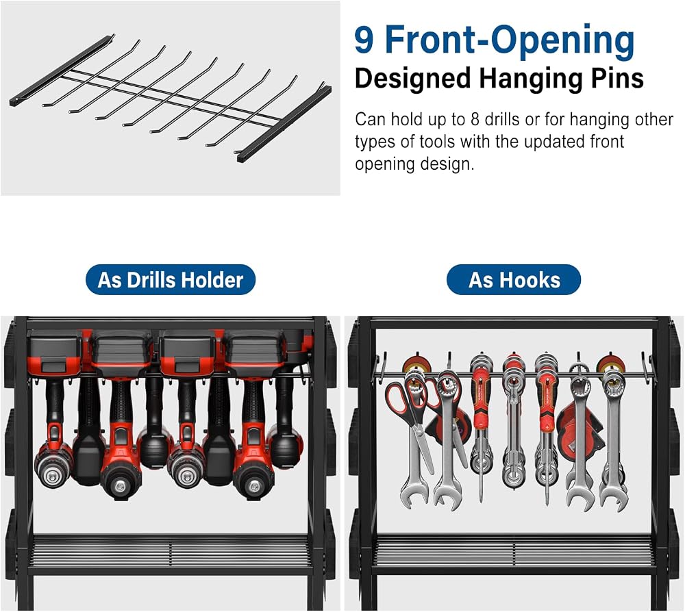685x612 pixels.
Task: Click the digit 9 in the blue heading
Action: [x=364, y=40]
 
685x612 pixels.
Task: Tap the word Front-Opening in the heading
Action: [x=510, y=42]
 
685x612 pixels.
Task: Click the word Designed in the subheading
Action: [x=412, y=79]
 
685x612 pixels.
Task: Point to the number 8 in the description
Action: [x=475, y=119]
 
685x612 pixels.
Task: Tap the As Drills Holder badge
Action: [x=171, y=280]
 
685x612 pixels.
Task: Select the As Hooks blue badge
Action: [x=514, y=280]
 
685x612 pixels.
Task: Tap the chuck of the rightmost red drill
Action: [x=253, y=483]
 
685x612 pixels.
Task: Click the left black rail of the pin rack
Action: [x=62, y=71]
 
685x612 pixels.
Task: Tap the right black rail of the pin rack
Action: [x=284, y=122]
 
